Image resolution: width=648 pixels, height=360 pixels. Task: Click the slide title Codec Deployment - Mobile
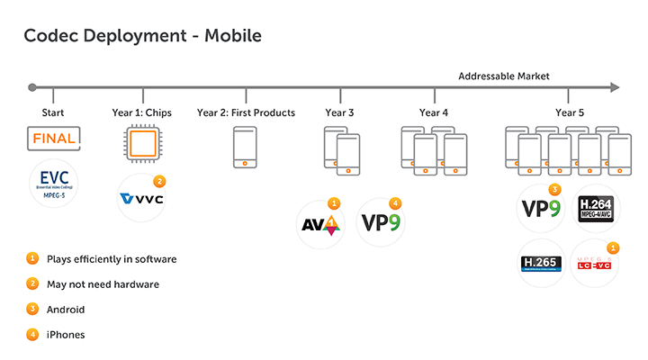[142, 36]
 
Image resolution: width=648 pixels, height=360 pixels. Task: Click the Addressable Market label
[503, 76]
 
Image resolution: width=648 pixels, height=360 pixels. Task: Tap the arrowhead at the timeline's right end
[615, 88]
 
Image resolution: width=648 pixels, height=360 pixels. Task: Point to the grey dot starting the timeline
[32, 88]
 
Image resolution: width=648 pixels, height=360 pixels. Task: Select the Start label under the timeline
[53, 112]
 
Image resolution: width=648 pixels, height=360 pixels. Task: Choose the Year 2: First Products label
[246, 112]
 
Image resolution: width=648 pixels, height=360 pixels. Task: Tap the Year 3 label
[340, 112]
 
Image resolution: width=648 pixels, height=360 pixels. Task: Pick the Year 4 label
[434, 112]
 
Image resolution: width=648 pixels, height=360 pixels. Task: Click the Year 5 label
[569, 112]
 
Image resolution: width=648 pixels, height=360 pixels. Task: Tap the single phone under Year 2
[246, 148]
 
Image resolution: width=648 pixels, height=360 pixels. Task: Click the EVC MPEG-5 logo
[53, 183]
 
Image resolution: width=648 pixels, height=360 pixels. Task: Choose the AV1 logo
[321, 222]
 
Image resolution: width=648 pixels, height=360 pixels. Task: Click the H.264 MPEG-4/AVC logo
[595, 209]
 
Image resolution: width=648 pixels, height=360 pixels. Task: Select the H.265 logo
[542, 263]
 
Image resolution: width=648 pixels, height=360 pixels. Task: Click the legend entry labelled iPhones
[67, 335]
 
